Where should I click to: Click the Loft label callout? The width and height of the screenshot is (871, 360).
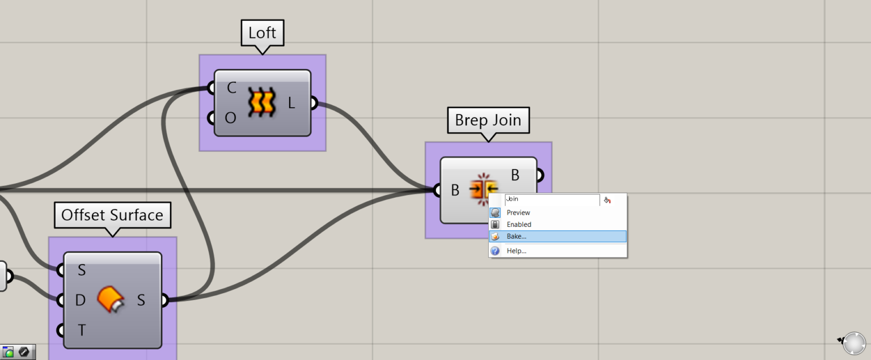[x=262, y=33]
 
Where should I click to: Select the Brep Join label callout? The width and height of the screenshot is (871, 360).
[x=488, y=120]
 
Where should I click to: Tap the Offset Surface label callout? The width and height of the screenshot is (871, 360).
[x=112, y=215]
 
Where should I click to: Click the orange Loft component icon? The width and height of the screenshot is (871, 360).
[x=261, y=103]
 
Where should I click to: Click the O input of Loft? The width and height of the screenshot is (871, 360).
[x=230, y=118]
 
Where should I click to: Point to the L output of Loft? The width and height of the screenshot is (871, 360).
[x=292, y=103]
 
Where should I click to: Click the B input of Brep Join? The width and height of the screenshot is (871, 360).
[x=455, y=190]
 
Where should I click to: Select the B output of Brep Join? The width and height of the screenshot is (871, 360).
[x=515, y=175]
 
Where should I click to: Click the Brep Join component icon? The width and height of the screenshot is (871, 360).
[x=483, y=189]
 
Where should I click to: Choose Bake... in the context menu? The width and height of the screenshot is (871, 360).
[x=516, y=236]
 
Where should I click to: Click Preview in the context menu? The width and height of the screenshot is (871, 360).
[x=518, y=213]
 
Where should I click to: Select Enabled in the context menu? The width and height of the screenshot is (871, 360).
[x=519, y=225]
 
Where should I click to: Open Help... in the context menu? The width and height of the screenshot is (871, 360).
[x=516, y=251]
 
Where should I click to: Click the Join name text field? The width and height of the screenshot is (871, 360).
[x=552, y=200]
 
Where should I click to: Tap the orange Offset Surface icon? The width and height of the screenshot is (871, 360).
[x=111, y=299]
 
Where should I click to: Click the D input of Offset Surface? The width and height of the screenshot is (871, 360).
[x=80, y=300]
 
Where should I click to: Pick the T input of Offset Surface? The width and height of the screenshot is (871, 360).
[x=81, y=330]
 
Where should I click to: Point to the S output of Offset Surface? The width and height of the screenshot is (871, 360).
[x=141, y=300]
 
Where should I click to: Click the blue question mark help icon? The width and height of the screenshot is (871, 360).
[x=495, y=251]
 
